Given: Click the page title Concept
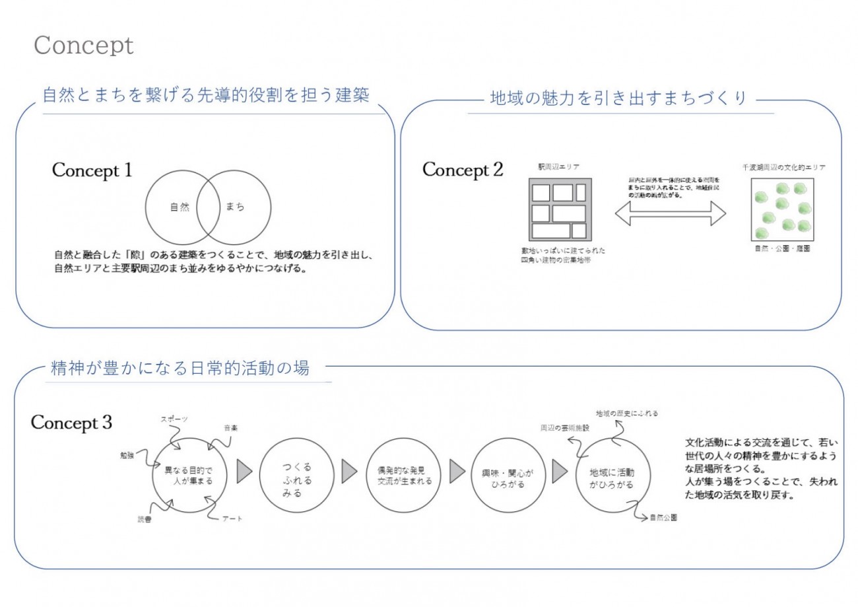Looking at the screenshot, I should tap(83, 46).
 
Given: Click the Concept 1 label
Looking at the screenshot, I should tap(92, 170).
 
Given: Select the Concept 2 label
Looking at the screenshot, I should tap(463, 170).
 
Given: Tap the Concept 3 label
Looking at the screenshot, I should tap(71, 422).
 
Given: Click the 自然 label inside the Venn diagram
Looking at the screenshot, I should tap(180, 207).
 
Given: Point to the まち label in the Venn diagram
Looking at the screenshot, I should tap(235, 207).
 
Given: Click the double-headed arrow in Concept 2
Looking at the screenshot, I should tap(670, 213).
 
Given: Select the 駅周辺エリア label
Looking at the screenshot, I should tap(560, 168).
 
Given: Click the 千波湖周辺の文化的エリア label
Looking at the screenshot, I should tap(783, 168).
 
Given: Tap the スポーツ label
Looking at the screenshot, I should tap(175, 419).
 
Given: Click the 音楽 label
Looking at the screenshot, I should tap(230, 428).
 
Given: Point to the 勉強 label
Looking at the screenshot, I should tap(127, 455).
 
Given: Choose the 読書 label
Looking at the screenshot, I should tap(144, 518).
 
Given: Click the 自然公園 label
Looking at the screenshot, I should tap(662, 517).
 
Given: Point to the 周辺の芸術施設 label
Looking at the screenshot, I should tap(564, 428).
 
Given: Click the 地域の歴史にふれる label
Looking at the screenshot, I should tap(627, 413).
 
